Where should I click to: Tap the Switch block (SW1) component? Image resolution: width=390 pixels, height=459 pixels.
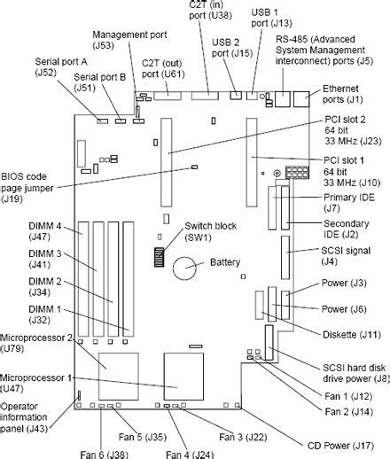(160, 258)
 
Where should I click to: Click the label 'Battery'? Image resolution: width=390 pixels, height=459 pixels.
(225, 262)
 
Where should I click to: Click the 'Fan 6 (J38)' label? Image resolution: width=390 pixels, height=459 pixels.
(104, 454)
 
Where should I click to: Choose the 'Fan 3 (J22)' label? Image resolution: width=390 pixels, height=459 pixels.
(244, 436)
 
